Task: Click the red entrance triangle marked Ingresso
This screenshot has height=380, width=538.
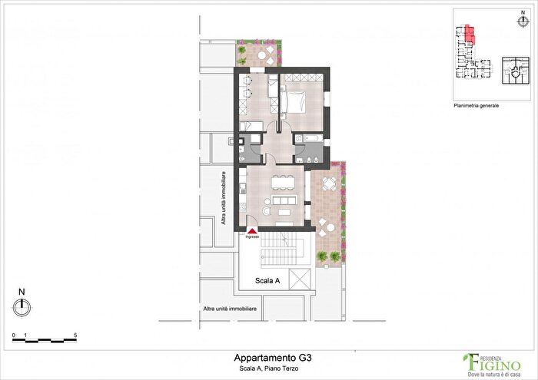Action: (x=252, y=229)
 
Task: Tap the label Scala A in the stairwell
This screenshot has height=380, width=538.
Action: (x=267, y=282)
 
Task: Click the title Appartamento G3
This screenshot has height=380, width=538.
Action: (x=272, y=358)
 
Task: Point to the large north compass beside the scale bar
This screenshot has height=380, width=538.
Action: (x=22, y=306)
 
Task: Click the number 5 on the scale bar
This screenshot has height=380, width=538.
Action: (x=75, y=336)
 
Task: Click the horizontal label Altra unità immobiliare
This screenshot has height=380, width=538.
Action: (x=230, y=309)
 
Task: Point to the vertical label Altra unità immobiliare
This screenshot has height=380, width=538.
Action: (x=223, y=198)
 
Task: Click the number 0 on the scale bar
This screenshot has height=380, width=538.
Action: (x=14, y=336)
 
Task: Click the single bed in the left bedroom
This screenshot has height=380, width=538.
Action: (x=252, y=126)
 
